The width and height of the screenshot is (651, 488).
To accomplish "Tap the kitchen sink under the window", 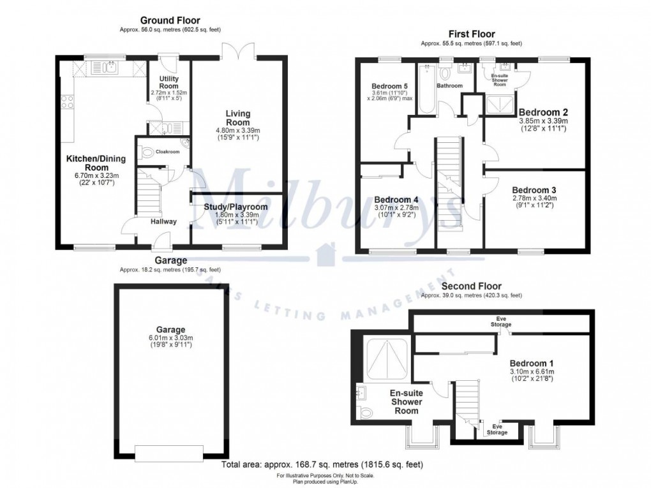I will point(104,66).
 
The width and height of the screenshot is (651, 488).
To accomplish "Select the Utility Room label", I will point(168,82).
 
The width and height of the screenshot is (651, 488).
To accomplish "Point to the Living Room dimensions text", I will point(237,135).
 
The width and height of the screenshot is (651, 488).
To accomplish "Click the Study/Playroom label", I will point(236,207).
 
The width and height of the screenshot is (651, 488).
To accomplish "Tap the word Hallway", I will point(164,222).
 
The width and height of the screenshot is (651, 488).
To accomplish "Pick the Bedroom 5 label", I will point(389,85).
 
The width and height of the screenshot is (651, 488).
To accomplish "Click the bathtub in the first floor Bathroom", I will point(426,89).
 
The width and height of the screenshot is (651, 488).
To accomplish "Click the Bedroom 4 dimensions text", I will point(395,211).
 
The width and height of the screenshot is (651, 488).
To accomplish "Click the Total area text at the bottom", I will point(322,464).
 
